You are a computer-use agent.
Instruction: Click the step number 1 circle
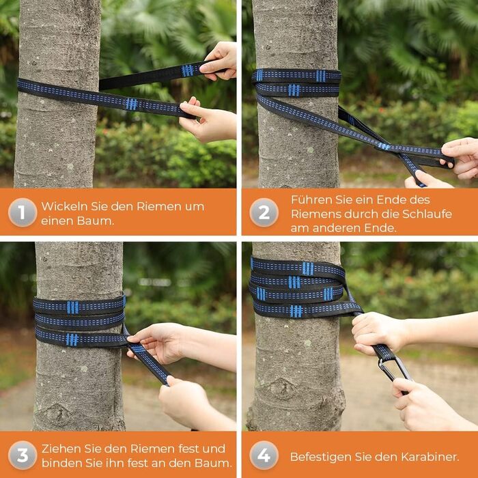[x=23, y=212]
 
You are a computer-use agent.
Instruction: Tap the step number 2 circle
[x=264, y=212]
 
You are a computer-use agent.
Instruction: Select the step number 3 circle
[x=23, y=455]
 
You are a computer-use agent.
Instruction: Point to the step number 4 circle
[x=264, y=455]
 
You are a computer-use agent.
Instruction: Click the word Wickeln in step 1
[x=64, y=206]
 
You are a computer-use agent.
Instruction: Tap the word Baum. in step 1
[x=96, y=221]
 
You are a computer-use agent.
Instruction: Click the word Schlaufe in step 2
[x=427, y=214]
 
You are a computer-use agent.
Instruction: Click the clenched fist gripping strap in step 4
[x=376, y=334]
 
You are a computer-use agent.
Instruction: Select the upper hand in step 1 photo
[x=219, y=60]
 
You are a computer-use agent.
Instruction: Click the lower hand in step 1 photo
[x=208, y=120]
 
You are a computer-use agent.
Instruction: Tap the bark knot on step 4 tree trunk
[x=283, y=389]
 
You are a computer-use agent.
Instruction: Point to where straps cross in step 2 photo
[x=384, y=146]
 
